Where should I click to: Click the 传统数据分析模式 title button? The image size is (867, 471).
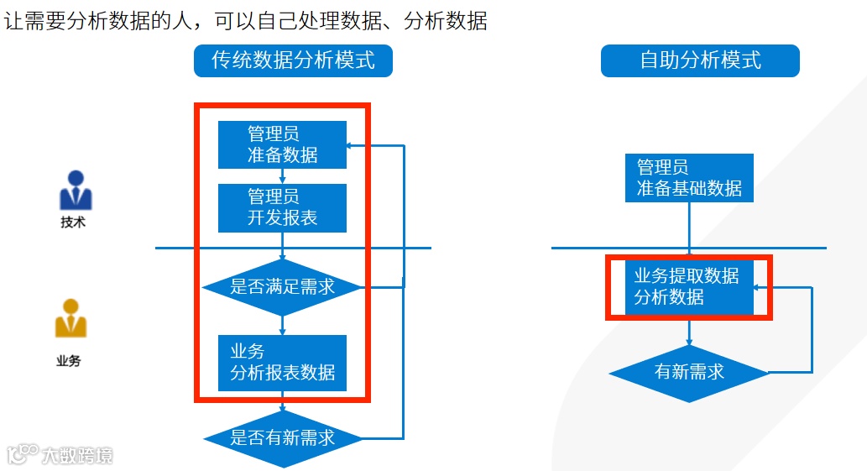tap(293, 60)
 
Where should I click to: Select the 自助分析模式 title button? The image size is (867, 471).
tap(700, 60)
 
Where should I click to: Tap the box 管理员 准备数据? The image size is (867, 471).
tap(282, 144)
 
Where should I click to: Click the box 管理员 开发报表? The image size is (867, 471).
tap(282, 208)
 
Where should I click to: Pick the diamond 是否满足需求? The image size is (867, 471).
tap(282, 287)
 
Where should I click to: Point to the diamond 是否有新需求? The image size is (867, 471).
tap(282, 437)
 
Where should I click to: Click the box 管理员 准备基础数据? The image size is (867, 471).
tap(689, 177)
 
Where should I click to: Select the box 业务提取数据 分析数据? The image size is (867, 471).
tap(689, 286)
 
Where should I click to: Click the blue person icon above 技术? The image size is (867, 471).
tap(76, 191)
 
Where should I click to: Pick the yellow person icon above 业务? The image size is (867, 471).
tap(71, 319)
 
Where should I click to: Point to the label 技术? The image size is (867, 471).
tap(73, 223)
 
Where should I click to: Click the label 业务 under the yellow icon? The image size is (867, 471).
tap(69, 362)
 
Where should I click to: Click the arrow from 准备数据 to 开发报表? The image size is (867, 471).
tap(282, 176)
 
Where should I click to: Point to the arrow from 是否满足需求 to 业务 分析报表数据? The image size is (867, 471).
tap(282, 324)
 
